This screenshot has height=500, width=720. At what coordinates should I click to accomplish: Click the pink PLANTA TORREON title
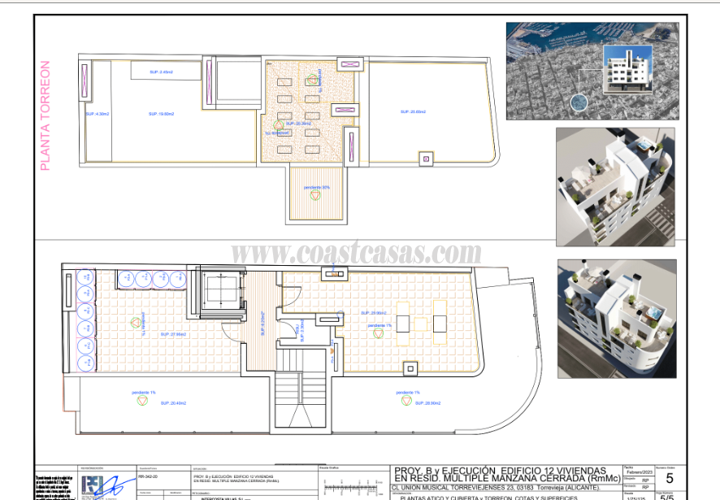pos(46,115)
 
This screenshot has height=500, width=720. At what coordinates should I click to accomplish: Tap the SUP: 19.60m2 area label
pos(162,114)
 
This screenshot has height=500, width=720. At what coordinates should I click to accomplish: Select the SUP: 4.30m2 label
pos(97,114)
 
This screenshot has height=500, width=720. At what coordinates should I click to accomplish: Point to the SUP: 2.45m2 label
pos(161,72)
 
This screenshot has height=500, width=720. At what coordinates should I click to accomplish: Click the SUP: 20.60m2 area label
pos(414,111)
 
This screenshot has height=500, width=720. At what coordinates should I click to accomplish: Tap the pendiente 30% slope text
pos(317,188)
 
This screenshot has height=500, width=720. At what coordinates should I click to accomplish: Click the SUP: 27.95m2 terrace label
pos(173,334)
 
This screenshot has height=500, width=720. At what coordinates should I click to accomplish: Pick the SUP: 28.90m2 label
pos(425,402)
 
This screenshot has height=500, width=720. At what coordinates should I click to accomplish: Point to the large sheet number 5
pos(669,478)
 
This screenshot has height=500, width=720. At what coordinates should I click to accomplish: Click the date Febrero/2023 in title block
pos(638,472)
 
